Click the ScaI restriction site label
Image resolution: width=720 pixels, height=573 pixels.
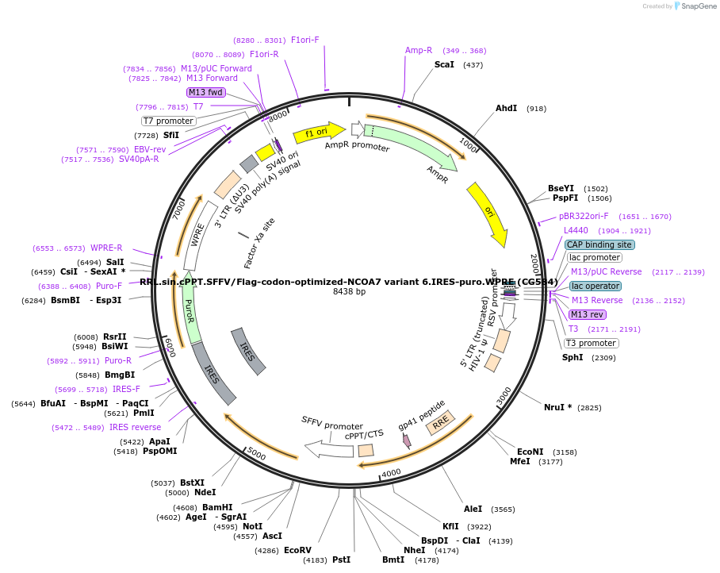point(444,64)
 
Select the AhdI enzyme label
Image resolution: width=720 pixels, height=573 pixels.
point(506,108)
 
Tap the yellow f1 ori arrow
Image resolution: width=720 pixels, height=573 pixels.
point(318,133)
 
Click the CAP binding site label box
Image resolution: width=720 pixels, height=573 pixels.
point(599,244)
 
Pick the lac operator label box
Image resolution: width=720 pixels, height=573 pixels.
point(595,286)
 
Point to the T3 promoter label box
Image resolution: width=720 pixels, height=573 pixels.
point(591,343)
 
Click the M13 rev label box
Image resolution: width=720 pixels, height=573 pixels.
point(588,314)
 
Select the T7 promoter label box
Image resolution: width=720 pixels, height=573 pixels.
point(168,121)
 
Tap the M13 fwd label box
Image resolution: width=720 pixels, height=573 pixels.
point(206,92)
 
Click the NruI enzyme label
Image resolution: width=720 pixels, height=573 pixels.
point(557,407)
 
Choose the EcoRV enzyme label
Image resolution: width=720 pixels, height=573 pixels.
point(297,550)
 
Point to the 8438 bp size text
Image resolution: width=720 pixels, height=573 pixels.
point(349,292)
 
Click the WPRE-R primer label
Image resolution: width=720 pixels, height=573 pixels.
point(106,248)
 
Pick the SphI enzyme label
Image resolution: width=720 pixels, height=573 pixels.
point(573,357)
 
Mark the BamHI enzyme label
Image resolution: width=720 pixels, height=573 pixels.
point(216,507)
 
